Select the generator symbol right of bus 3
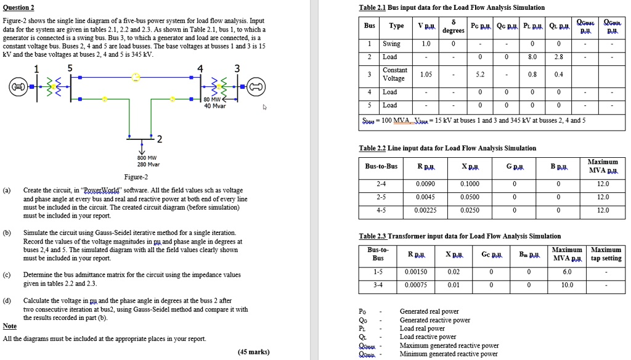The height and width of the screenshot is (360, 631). point(255,88)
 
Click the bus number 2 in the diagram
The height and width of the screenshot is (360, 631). point(160,137)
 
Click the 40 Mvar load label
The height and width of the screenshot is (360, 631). point(215,105)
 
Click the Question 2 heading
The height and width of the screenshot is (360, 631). point(18,7)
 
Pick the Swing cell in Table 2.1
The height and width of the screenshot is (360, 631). point(391,44)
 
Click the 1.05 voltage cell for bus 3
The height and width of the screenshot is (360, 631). point(426,74)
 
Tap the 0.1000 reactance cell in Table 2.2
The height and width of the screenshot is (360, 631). point(470,184)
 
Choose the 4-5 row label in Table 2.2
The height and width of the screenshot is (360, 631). point(381,210)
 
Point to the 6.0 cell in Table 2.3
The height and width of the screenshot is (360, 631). point(567,271)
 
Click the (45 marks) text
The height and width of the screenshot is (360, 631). point(253,352)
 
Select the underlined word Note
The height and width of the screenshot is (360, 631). point(10,326)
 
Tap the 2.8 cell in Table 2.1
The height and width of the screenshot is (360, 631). point(558,57)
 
